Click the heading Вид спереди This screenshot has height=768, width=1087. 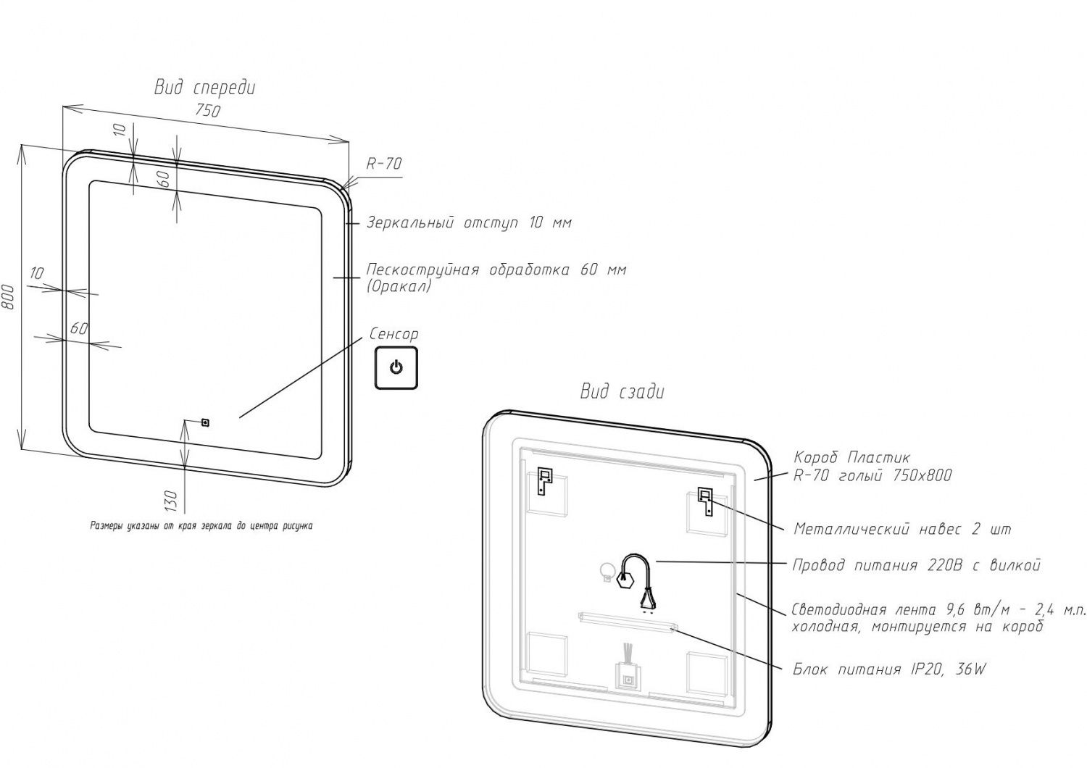click(x=204, y=88)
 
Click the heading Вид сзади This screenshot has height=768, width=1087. click(x=622, y=392)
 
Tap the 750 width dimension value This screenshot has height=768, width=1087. click(x=208, y=110)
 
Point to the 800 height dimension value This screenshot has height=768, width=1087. click(x=8, y=296)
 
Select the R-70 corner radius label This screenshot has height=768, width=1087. click(x=383, y=164)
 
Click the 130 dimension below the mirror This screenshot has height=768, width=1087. click(x=171, y=500)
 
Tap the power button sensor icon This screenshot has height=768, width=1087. click(x=396, y=368)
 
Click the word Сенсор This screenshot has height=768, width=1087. click(x=393, y=335)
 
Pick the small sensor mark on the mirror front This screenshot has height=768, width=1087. click(x=205, y=422)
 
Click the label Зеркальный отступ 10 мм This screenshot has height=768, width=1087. click(x=468, y=222)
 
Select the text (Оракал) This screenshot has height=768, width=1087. click(x=399, y=286)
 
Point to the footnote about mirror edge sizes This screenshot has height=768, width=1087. click(x=201, y=526)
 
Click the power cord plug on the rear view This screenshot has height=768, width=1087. click(x=646, y=596)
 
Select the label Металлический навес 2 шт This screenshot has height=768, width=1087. click(x=901, y=529)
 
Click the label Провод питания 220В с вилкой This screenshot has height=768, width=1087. click(x=916, y=565)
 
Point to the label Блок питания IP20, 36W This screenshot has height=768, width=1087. click(x=889, y=669)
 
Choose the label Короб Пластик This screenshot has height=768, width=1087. click(x=851, y=458)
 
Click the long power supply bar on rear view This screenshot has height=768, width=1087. click(x=628, y=621)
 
